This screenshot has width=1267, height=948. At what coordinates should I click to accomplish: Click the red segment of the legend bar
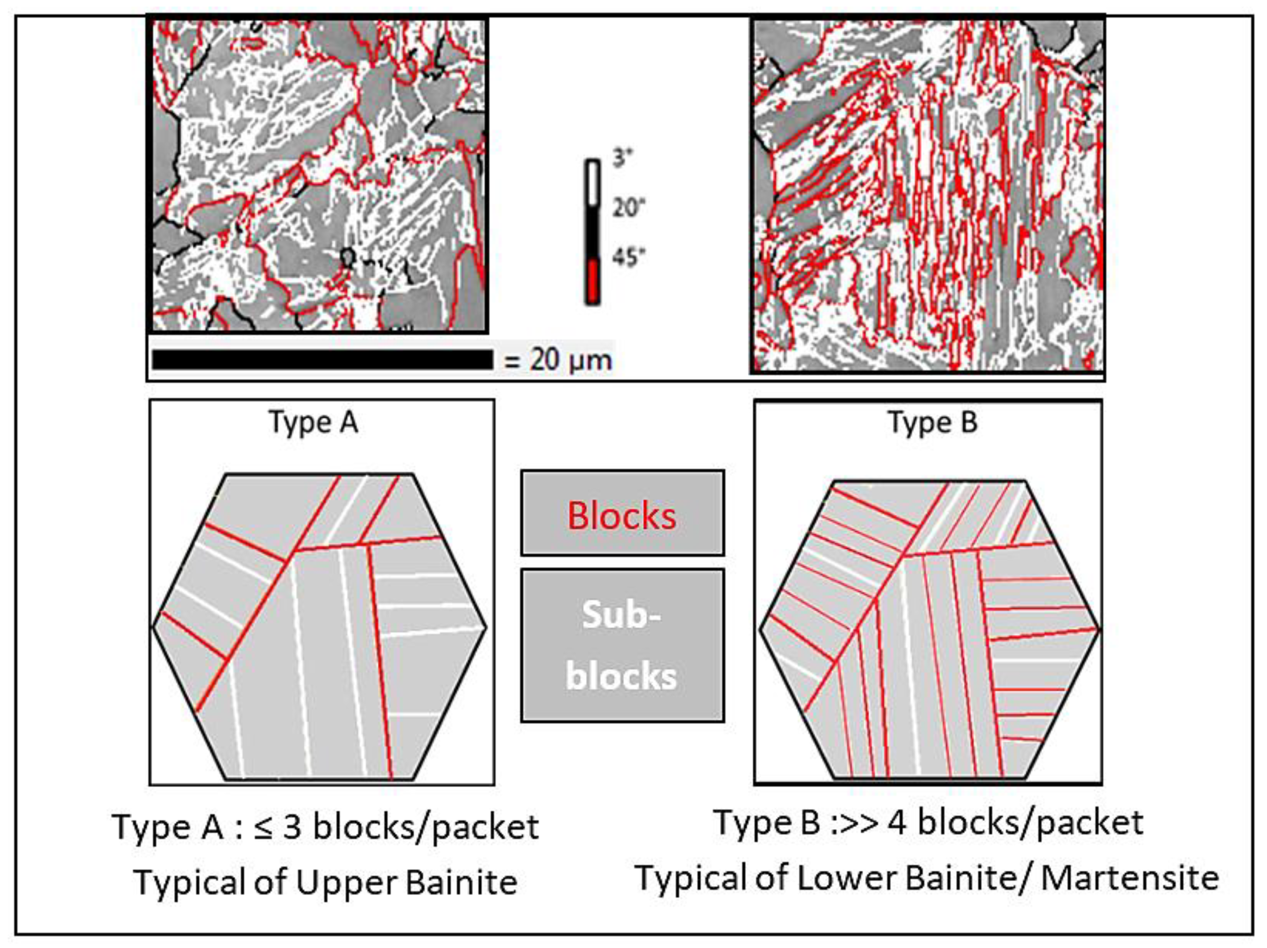pyautogui.click(x=592, y=281)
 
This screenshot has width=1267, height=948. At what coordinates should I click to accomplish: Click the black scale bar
pyautogui.click(x=322, y=360)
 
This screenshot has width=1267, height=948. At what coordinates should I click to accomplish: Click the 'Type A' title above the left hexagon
pyautogui.click(x=313, y=423)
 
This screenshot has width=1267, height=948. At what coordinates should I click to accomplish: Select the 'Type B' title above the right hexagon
pyautogui.click(x=933, y=423)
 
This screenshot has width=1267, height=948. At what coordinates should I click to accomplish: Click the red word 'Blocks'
pyautogui.click(x=622, y=516)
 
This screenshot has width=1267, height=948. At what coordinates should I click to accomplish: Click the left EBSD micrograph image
pyautogui.click(x=320, y=175)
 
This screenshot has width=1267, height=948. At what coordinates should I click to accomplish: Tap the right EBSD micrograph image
pyautogui.click(x=928, y=195)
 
